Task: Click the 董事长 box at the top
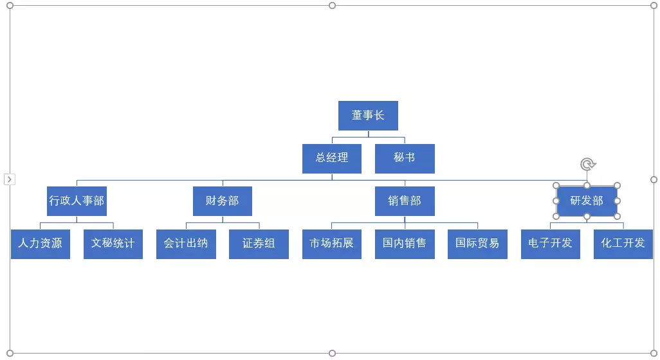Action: coord(368,116)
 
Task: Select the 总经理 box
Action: coord(332,158)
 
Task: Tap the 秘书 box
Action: coord(405,158)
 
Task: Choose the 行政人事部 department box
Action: coord(77,201)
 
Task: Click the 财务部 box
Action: coord(223,201)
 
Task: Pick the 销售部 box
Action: coord(405,201)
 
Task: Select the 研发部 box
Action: coord(587,201)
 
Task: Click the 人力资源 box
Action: coord(41,244)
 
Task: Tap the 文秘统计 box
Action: coord(113,244)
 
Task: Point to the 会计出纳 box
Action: coord(186,244)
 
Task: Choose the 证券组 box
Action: coord(259,244)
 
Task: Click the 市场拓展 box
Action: coord(332,244)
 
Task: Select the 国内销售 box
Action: coord(405,244)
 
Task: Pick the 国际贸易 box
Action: coord(477,244)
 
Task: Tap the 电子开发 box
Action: coord(551,244)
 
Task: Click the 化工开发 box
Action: coord(623,244)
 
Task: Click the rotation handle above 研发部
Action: coord(587,165)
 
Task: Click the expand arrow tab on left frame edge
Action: coord(10,179)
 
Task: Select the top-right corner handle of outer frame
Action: coord(654,6)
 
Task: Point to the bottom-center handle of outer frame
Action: coord(332,353)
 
